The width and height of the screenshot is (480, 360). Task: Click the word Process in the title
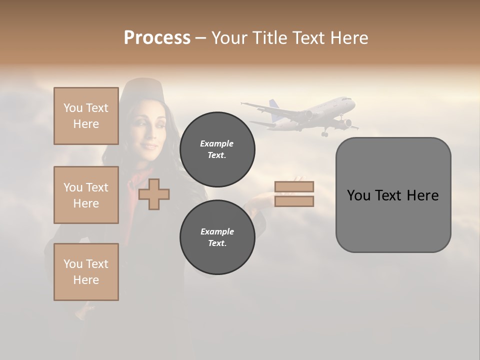[157, 38]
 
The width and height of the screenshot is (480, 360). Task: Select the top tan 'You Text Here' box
[86, 116]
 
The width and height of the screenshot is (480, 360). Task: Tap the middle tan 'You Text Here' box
[86, 195]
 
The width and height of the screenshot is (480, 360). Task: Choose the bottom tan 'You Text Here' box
[86, 272]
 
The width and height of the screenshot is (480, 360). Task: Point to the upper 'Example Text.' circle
[217, 149]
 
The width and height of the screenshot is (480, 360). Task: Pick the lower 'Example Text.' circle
[217, 237]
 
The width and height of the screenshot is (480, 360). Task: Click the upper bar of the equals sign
[294, 186]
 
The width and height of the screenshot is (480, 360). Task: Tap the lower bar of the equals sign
[294, 201]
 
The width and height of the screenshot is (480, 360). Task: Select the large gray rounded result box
[393, 195]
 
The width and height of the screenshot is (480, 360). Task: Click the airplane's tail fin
[274, 105]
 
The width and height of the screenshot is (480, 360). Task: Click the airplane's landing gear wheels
[324, 133]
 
